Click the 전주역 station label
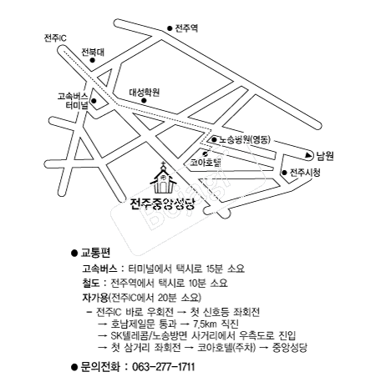[186, 28]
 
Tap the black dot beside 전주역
[170, 28]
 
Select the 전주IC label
[55, 38]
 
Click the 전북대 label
[93, 52]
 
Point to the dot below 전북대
[93, 60]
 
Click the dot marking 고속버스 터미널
[94, 101]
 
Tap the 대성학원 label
[144, 92]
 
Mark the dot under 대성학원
[144, 100]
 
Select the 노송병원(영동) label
[245, 139]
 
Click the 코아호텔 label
[206, 162]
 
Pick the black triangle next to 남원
[308, 156]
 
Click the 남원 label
[324, 156]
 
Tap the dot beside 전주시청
[284, 173]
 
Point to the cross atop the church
[163, 163]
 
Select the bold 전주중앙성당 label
[162, 204]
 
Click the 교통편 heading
[95, 253]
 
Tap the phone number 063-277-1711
[164, 367]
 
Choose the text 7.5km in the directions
[205, 324]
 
